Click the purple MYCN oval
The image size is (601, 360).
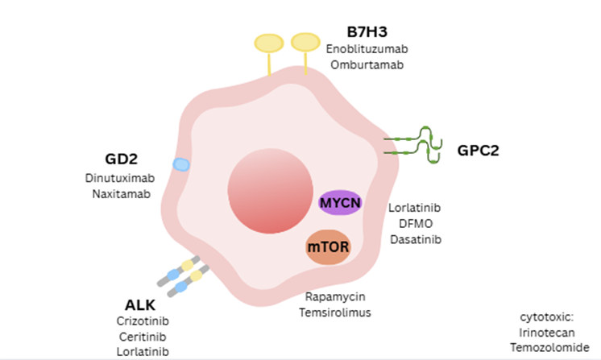[340, 201]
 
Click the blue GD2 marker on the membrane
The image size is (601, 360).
[182, 164]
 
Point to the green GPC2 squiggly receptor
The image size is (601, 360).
[414, 145]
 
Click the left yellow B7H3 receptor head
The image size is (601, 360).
[268, 43]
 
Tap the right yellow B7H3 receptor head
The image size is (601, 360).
[305, 40]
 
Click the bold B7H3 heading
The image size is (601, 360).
[367, 32]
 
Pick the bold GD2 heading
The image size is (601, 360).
[121, 158]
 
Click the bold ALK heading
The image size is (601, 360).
[140, 305]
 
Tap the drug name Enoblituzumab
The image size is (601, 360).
[367, 49]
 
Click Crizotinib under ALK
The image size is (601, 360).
[143, 321]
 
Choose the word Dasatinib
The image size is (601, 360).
[415, 239]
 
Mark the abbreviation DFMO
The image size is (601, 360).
[415, 223]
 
